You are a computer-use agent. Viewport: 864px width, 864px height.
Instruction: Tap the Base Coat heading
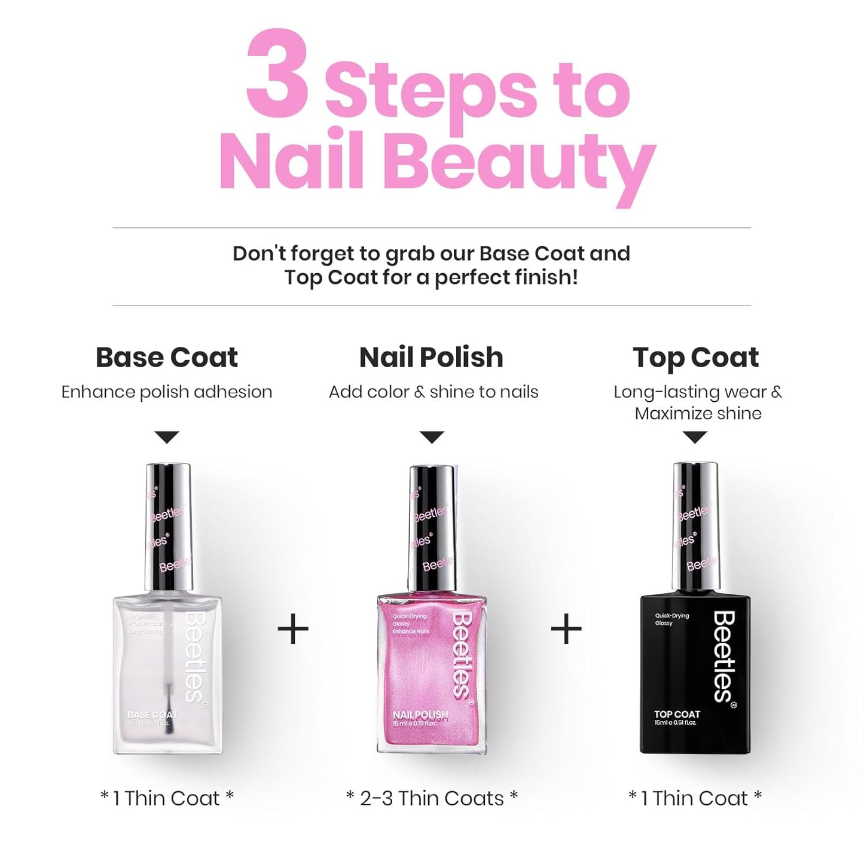coord(167,358)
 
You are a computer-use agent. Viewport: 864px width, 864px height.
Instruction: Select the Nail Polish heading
coord(431,358)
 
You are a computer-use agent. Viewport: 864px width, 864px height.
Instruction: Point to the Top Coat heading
coord(695,358)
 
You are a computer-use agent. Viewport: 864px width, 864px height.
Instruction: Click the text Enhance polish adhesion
coord(167,392)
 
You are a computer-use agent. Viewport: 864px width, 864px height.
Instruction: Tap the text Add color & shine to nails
coord(433,392)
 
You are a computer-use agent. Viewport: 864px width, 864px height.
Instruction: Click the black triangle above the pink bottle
coord(432,437)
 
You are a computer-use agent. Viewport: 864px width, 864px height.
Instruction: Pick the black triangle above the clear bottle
coord(167,437)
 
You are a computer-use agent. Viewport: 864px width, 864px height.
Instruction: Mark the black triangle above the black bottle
coord(695,437)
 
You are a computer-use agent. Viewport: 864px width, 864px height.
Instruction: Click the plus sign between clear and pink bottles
coord(293,629)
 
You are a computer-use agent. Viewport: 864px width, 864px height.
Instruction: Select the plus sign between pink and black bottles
coord(566,629)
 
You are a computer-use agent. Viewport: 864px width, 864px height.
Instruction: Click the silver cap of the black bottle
coord(696,526)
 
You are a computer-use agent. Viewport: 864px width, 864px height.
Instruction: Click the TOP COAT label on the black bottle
coord(677,714)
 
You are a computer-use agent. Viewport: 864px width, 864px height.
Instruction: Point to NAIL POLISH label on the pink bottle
coord(420,715)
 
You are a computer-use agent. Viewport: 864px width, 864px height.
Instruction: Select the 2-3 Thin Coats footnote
coord(432,798)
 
